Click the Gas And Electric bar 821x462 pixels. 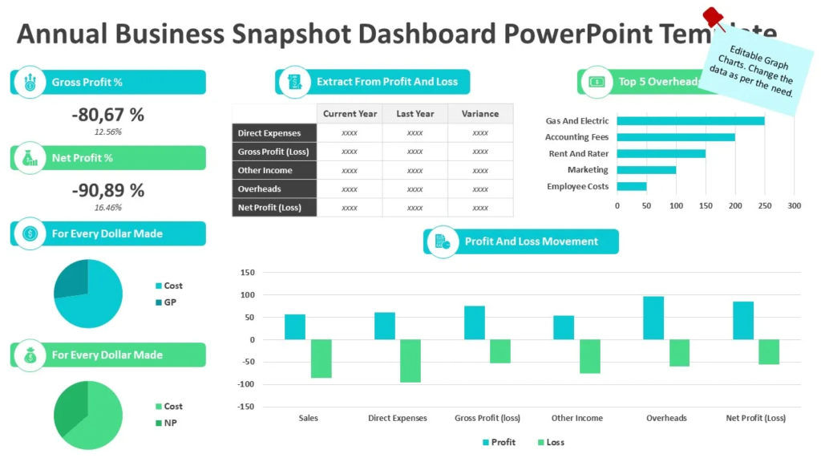coord(690,121)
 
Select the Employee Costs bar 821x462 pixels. coord(632,187)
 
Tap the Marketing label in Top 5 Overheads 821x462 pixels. coord(588,170)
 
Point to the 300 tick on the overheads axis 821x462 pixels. coord(794,206)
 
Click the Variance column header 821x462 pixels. coord(480,114)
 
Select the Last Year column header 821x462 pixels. coord(415,114)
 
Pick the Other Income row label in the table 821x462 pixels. coord(265,171)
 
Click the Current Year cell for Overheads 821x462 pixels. coord(350,189)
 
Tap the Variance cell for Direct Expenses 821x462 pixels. coord(480,133)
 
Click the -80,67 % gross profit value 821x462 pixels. coord(107,115)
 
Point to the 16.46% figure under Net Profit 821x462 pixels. coord(107,208)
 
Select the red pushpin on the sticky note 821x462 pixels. coord(713,18)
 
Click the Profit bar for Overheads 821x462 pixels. coord(653,318)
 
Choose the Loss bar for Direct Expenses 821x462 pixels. coord(410,360)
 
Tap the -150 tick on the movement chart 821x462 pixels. coord(245,407)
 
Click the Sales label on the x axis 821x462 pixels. coord(308,418)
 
